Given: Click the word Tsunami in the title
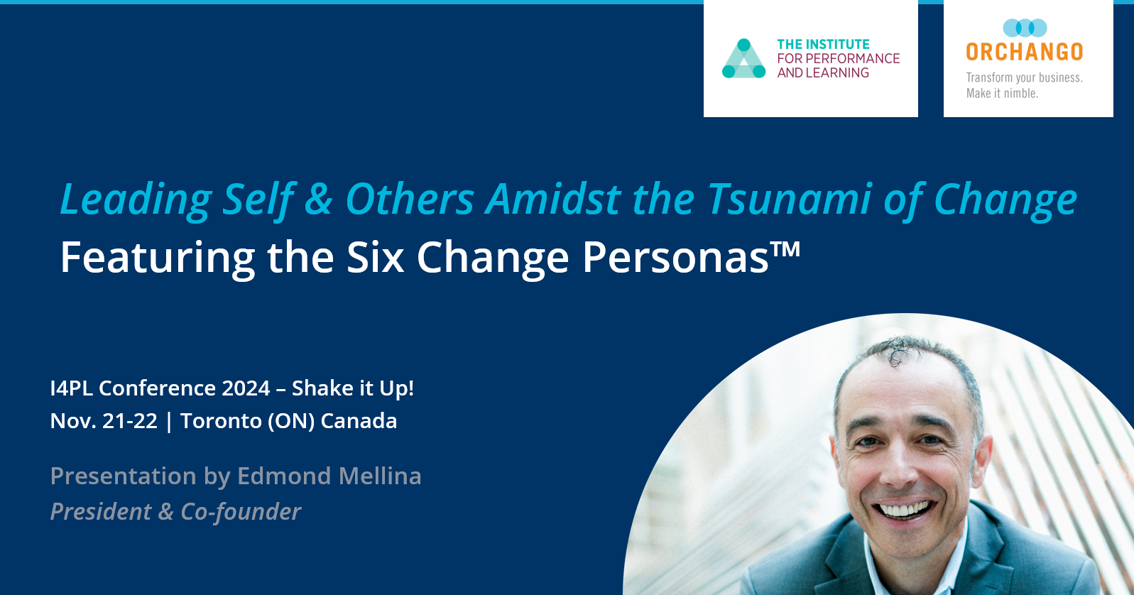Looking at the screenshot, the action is [x=789, y=199].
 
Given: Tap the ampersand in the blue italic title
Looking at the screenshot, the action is [x=319, y=199].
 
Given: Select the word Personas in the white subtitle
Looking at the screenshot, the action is [x=675, y=257].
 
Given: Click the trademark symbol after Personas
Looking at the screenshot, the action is [x=785, y=248].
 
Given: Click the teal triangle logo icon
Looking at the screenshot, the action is [x=743, y=58].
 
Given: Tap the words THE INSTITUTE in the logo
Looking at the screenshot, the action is [x=823, y=44].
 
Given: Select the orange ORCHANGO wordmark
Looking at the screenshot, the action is [x=1024, y=52].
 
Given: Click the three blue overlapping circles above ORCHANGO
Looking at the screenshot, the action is [x=1025, y=28].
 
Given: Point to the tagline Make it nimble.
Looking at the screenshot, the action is [x=1002, y=93].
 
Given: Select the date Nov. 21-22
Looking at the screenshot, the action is [x=104, y=421].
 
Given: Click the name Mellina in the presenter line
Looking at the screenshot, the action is [x=380, y=476].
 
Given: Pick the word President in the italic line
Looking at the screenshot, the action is [x=101, y=511].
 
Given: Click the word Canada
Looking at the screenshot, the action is [x=359, y=421].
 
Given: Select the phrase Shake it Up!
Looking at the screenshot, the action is [x=353, y=388].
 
